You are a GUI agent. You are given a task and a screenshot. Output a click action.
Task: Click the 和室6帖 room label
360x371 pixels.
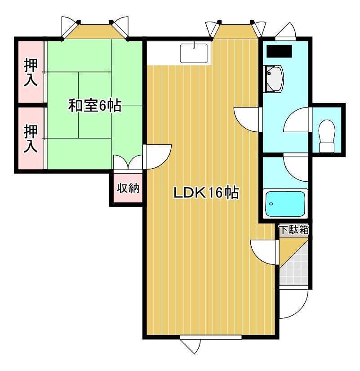pos(94,106)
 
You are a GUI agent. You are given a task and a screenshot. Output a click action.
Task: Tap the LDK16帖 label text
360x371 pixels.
pos(206,193)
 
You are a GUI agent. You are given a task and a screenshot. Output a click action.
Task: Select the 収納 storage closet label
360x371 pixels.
pos(128,188)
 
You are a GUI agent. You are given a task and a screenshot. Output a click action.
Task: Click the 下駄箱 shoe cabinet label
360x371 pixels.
pos(294,229)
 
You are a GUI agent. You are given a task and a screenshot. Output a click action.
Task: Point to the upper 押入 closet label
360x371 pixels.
pos(31,73)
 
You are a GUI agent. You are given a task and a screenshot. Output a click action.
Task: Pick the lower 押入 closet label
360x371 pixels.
pos(31,139)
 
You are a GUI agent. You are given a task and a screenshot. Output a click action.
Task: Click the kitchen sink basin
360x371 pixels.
pos(194,53)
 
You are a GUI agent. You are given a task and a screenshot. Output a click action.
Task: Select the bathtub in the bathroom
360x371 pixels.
pos(285,204)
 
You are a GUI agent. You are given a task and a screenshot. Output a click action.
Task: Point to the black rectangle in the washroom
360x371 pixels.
pos(279,51)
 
